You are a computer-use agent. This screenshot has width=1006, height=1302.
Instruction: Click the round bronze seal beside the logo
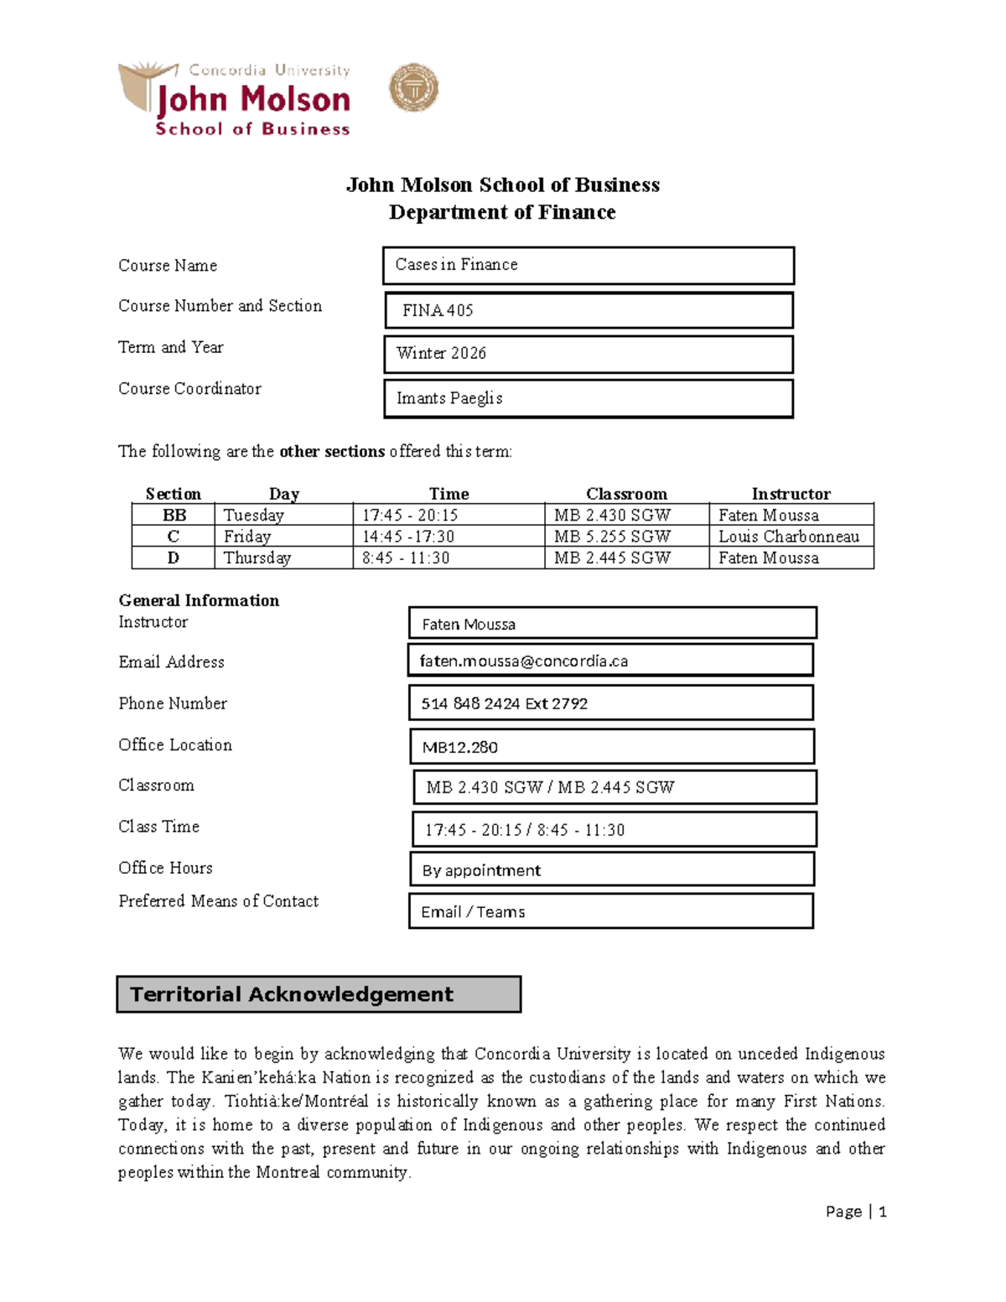[413, 88]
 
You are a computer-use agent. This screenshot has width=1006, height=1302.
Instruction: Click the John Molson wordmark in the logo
[253, 100]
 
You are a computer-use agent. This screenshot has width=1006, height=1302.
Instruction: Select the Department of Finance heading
[502, 212]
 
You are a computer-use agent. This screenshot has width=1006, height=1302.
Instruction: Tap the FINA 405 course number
[438, 310]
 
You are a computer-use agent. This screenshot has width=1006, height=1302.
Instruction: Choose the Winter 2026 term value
[441, 354]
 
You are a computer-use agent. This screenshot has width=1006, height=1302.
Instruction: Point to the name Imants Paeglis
[449, 398]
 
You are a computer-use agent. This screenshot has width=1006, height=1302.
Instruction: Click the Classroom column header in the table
[626, 494]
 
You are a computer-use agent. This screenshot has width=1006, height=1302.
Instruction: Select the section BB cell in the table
[174, 515]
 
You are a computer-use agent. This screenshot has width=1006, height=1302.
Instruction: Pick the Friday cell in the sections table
[247, 537]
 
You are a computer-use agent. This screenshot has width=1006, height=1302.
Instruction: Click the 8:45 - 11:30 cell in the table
[406, 558]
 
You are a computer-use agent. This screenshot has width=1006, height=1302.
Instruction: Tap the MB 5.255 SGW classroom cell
[612, 537]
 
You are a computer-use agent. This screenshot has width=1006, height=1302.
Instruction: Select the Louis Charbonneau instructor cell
[789, 537]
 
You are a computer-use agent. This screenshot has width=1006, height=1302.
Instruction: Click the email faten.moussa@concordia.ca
[524, 661]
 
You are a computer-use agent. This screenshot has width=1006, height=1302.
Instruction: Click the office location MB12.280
[460, 747]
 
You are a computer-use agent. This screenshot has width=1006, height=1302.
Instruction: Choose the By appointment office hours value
[482, 870]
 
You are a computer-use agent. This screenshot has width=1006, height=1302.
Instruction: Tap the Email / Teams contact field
[474, 912]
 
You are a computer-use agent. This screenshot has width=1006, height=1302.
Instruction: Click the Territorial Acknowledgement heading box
[319, 994]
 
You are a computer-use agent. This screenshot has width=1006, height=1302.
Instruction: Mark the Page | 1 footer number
[856, 1211]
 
